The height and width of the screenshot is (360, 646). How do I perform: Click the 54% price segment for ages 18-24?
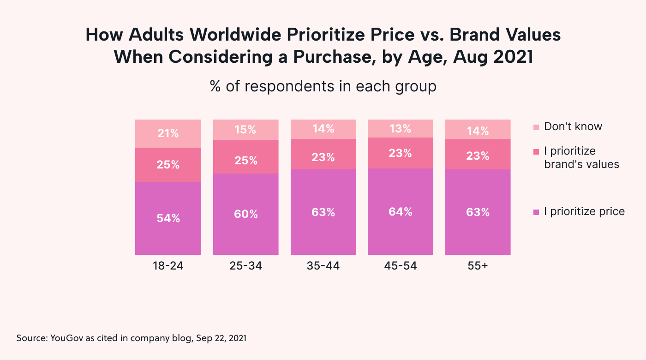pyautogui.click(x=168, y=218)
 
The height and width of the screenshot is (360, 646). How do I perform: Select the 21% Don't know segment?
pyautogui.click(x=168, y=134)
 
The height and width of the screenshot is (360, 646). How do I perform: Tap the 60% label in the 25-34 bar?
pyautogui.click(x=245, y=214)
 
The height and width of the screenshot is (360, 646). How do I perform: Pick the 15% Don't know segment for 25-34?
pyautogui.click(x=245, y=130)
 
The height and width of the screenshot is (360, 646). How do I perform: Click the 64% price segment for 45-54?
pyautogui.click(x=400, y=211)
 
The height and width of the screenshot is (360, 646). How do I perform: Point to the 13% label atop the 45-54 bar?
pyautogui.click(x=400, y=129)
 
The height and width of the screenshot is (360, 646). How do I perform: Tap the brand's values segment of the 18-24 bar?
pyautogui.click(x=168, y=165)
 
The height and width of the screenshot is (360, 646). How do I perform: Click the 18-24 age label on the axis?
pyautogui.click(x=168, y=266)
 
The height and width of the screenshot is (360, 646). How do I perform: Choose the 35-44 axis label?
pyautogui.click(x=323, y=266)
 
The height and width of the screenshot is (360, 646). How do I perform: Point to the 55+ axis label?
pyautogui.click(x=478, y=266)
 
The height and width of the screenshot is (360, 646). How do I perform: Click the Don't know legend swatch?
pyautogui.click(x=536, y=127)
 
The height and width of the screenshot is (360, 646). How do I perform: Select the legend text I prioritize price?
pyautogui.click(x=584, y=212)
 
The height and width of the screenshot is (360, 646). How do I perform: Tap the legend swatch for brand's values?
pyautogui.click(x=536, y=151)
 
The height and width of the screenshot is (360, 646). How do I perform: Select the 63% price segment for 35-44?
pyautogui.click(x=323, y=212)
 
